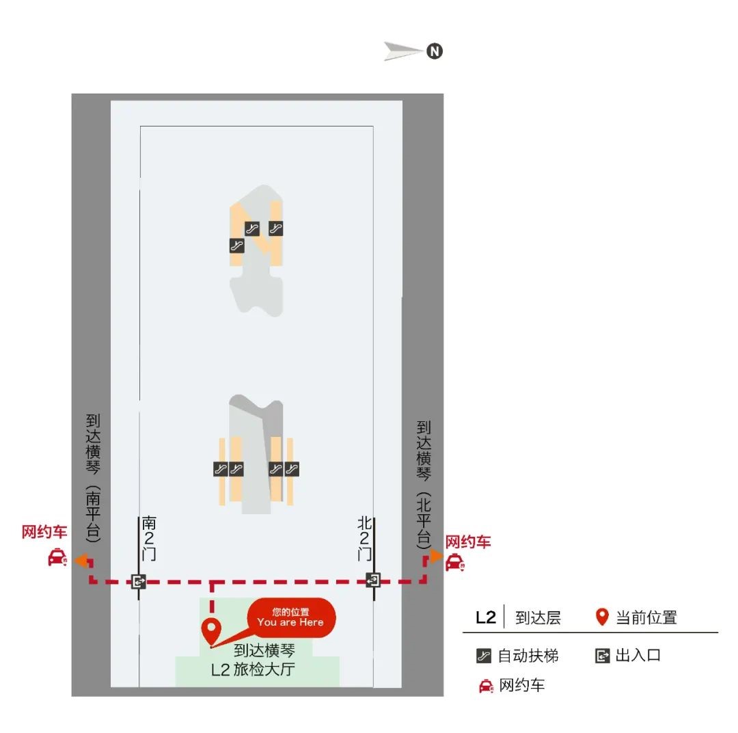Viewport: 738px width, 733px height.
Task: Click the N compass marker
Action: coord(435,51)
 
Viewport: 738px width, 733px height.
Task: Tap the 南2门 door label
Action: coord(149,538)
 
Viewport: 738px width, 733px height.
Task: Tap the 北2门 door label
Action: coord(364,538)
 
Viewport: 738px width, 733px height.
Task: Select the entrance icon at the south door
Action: coord(138,581)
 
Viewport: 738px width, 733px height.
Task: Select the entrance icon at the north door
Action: coord(373,580)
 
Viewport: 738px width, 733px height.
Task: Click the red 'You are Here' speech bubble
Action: coord(291,617)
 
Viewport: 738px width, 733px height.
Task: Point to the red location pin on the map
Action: coord(211,632)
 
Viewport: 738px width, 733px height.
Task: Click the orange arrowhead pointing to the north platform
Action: coord(436,557)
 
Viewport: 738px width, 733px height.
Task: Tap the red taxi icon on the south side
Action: coord(57,557)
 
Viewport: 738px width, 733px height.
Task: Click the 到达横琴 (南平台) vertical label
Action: coord(93,478)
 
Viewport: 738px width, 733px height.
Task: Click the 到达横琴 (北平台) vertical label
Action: coord(424,485)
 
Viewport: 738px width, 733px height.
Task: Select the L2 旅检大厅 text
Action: coord(253,669)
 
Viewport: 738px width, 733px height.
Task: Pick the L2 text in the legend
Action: coord(486,617)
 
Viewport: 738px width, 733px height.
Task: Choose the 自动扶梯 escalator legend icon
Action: coord(484,656)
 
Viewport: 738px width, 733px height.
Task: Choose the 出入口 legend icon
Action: coord(603,656)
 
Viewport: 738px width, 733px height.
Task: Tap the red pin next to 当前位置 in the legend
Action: coord(602,617)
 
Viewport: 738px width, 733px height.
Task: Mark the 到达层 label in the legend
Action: coord(538,617)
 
